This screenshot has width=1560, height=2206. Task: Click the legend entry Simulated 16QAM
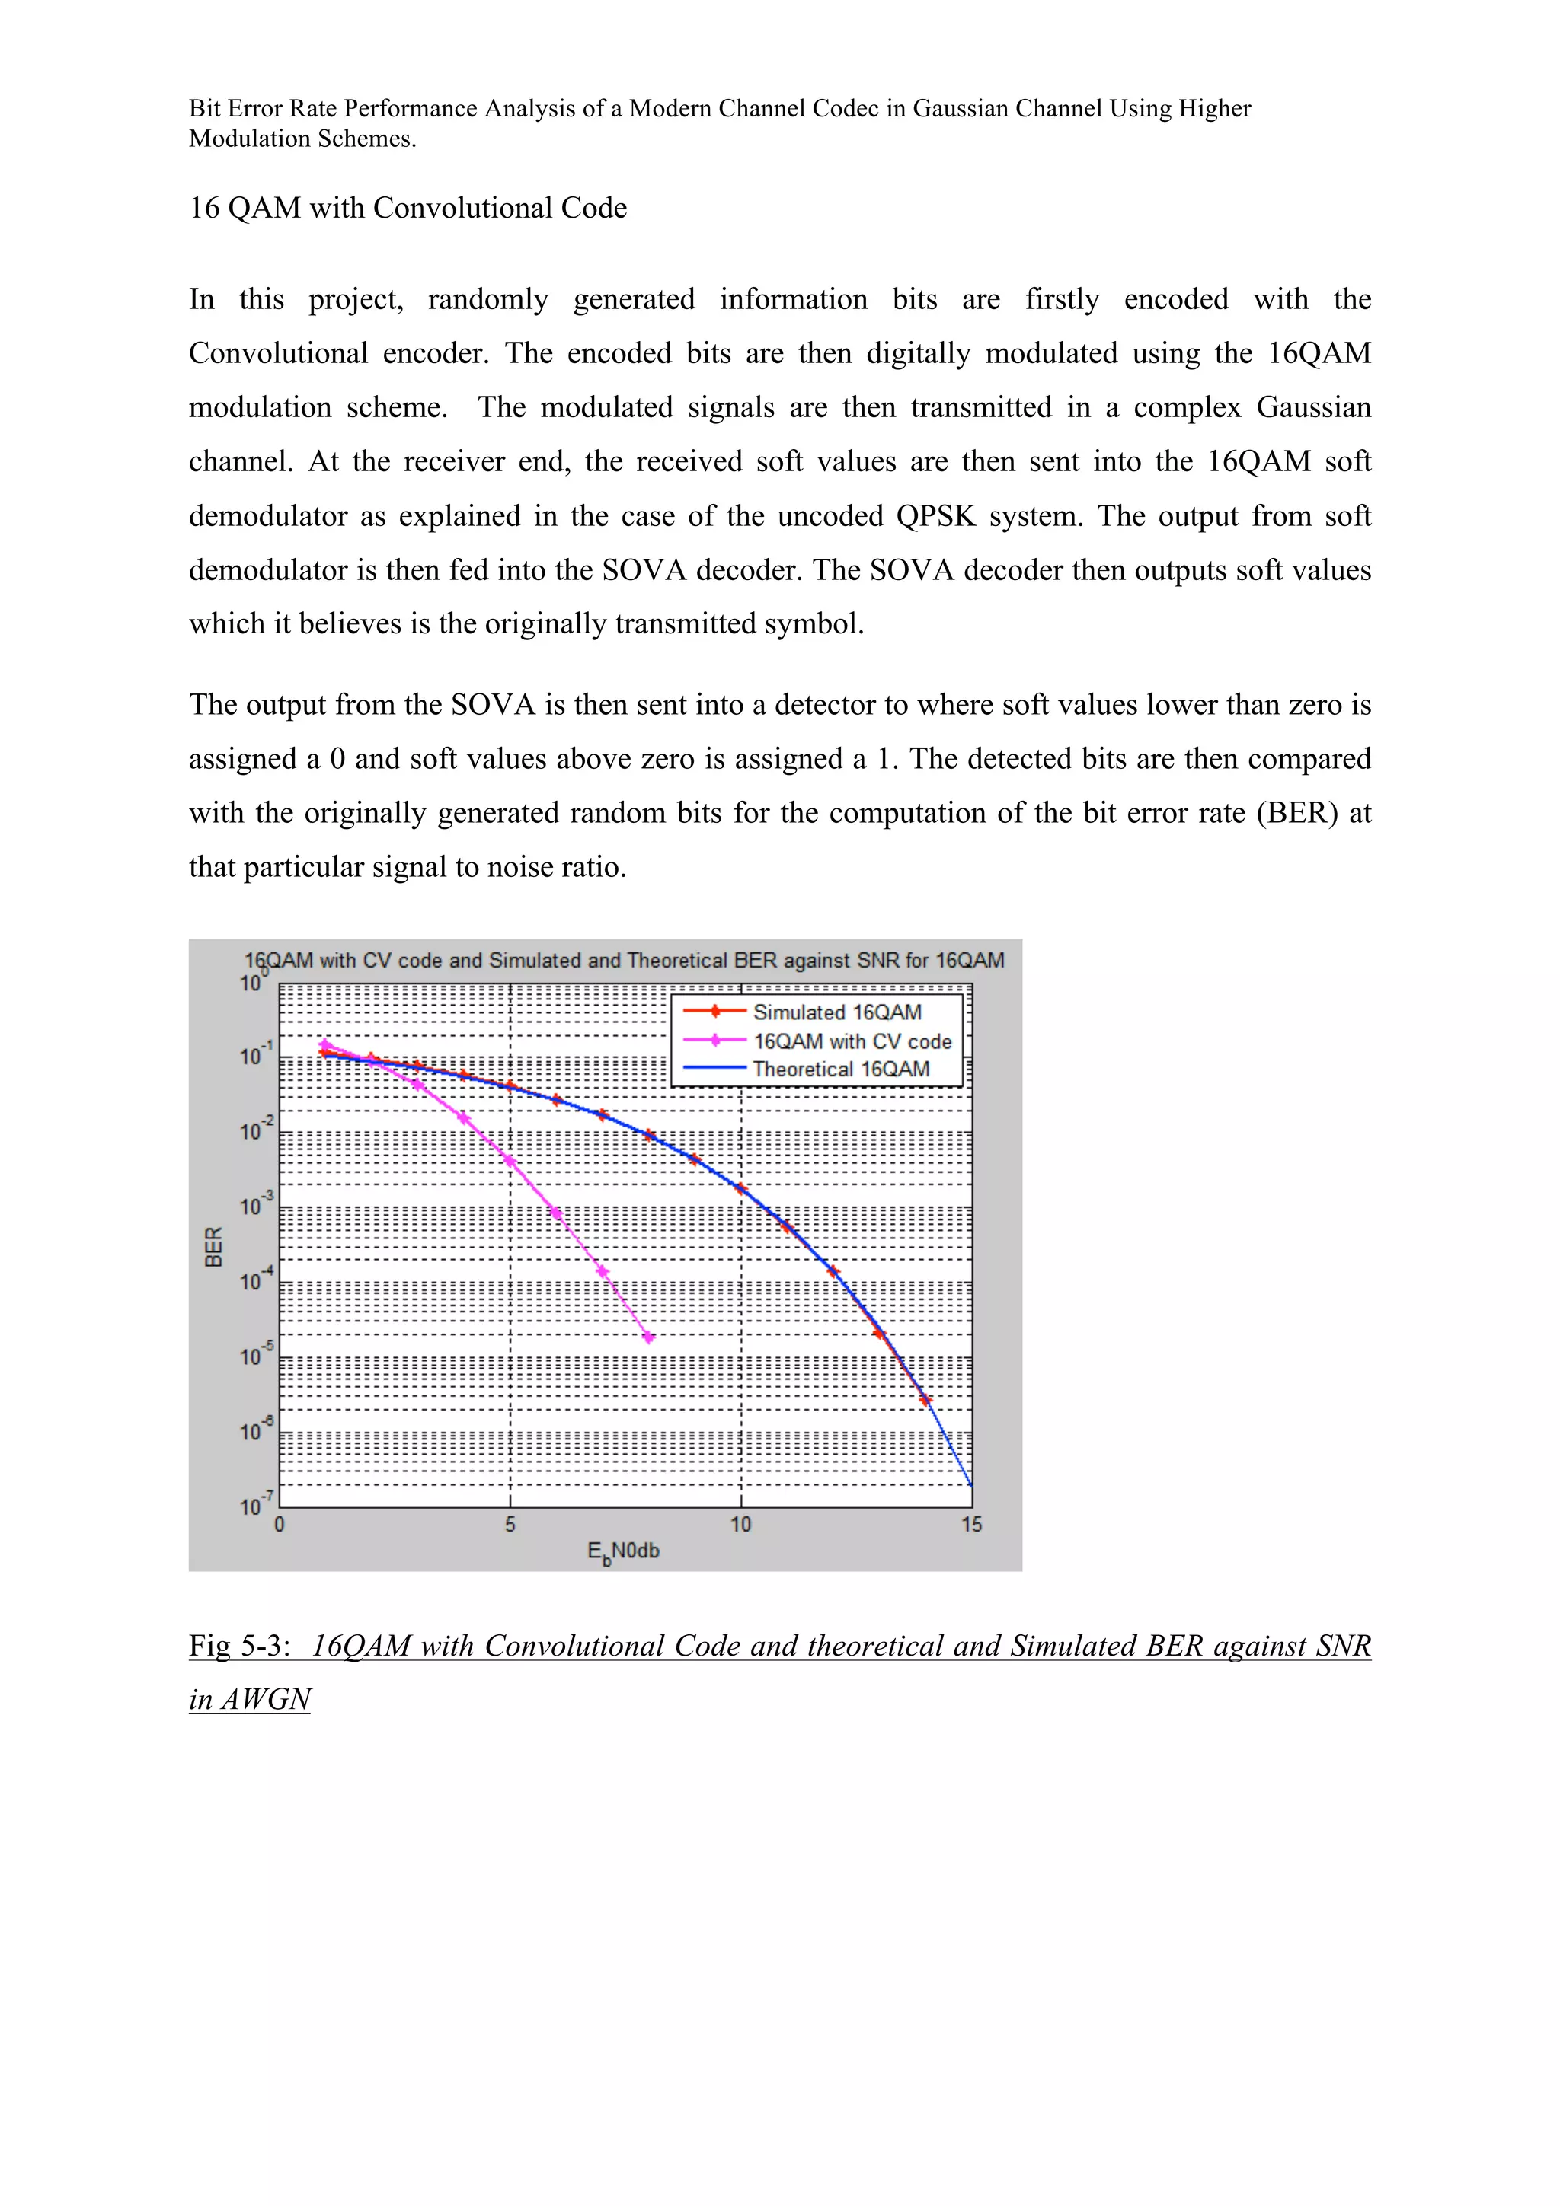click(x=836, y=1012)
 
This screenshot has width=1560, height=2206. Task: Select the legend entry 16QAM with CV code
click(x=852, y=1041)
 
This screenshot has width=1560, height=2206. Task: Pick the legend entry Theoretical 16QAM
click(x=840, y=1069)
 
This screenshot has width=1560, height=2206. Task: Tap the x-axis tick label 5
click(x=510, y=1524)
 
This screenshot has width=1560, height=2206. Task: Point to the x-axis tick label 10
click(x=740, y=1524)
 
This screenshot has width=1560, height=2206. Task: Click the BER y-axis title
click(x=213, y=1246)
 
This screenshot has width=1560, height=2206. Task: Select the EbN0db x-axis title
click(x=623, y=1551)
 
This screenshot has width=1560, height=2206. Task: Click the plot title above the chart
click(x=624, y=960)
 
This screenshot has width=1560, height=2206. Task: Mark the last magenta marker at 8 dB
click(x=649, y=1337)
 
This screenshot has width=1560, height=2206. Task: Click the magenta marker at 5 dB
click(x=510, y=1161)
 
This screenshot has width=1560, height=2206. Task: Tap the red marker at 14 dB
click(x=925, y=1400)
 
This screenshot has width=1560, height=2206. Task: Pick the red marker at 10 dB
click(x=740, y=1188)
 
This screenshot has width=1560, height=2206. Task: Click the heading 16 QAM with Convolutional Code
click(x=408, y=208)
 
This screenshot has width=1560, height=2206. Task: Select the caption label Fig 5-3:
click(x=239, y=1645)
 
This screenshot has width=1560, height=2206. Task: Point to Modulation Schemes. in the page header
click(x=302, y=139)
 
